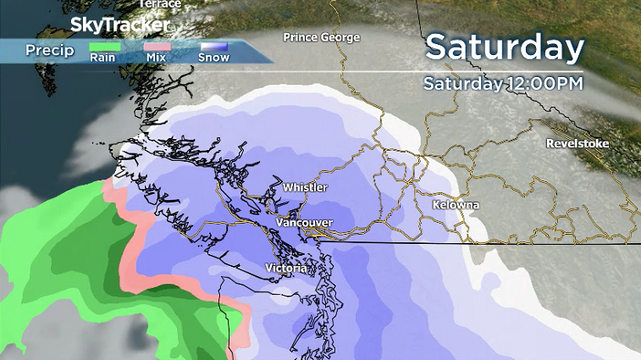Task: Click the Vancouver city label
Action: pyautogui.click(x=304, y=223)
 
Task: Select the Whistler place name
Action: pyautogui.click(x=305, y=187)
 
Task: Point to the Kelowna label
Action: pyautogui.click(x=456, y=206)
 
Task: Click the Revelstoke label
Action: pyautogui.click(x=577, y=144)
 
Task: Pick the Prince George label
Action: pyautogui.click(x=322, y=37)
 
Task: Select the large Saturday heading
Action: pyautogui.click(x=505, y=47)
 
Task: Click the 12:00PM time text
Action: pyautogui.click(x=544, y=84)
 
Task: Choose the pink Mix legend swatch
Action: pyautogui.click(x=157, y=47)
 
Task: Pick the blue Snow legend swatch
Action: pyautogui.click(x=215, y=47)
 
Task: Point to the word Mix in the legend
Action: pyautogui.click(x=157, y=58)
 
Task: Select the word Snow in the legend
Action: pyautogui.click(x=214, y=58)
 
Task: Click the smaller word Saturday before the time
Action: pyautogui.click(x=462, y=84)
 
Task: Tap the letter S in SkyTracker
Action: pyautogui.click(x=78, y=24)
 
